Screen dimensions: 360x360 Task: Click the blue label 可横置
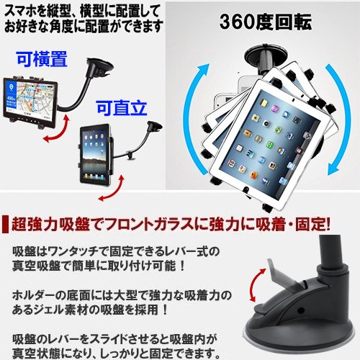click(x=42, y=59)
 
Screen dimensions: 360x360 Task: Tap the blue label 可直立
click(x=122, y=108)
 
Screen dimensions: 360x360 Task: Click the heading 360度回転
click(x=266, y=22)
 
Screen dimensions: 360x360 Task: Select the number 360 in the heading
click(x=235, y=22)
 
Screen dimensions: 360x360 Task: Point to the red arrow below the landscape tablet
click(x=59, y=131)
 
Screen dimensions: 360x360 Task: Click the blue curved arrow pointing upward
click(x=192, y=115)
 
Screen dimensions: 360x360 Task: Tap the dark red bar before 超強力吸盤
click(x=5, y=225)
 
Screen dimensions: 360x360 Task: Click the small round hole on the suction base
click(x=300, y=310)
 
